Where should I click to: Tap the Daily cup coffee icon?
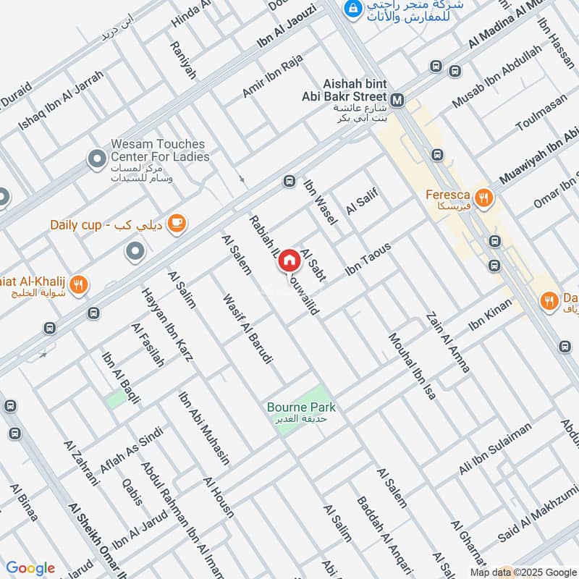click(x=175, y=224)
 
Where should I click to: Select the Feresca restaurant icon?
click(x=484, y=195)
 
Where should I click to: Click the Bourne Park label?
click(x=301, y=408)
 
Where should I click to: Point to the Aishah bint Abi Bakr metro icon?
click(x=397, y=100)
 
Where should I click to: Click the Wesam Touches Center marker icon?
click(x=96, y=157)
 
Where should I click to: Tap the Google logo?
click(x=30, y=568)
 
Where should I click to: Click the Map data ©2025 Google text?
click(x=532, y=571)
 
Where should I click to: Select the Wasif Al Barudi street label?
click(x=248, y=329)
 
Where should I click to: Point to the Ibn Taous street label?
click(x=368, y=259)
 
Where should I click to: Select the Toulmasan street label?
click(x=538, y=115)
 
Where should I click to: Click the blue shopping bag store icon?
click(x=352, y=9)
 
